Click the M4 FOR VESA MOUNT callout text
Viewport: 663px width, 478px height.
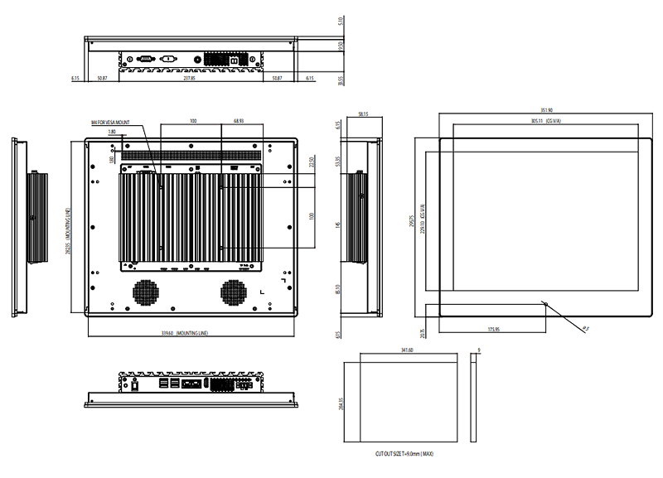[111, 123]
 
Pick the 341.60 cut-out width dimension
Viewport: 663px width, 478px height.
[407, 351]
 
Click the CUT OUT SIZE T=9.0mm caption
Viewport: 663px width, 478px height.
[404, 454]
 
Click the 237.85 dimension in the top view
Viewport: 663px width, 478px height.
[188, 78]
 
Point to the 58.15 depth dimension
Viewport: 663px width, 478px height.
[363, 115]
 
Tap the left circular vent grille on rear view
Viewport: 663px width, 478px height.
[145, 292]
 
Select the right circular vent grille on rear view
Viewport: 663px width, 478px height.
[233, 292]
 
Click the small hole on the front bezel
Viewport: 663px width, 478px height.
[545, 302]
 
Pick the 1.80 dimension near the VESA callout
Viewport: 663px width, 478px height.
[111, 131]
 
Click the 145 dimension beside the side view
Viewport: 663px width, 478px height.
[338, 225]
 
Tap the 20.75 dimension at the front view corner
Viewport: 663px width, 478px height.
[423, 332]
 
